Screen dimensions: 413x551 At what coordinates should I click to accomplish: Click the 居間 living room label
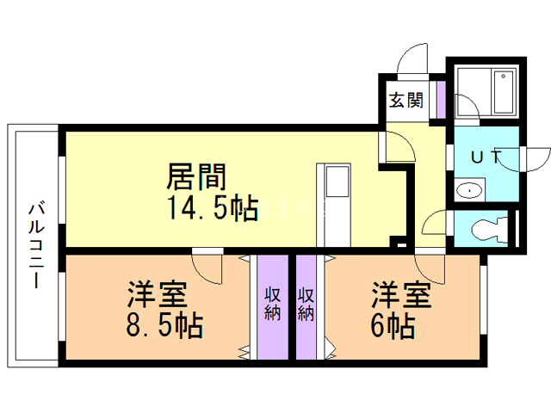195,178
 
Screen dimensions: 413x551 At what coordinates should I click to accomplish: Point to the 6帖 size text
394,325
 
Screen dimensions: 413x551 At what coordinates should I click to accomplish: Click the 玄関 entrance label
406,100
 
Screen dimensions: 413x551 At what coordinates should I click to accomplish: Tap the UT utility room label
485,157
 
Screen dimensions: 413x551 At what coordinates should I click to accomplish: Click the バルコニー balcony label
37,245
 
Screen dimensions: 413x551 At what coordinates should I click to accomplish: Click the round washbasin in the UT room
469,191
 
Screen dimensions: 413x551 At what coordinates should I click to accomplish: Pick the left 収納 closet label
271,303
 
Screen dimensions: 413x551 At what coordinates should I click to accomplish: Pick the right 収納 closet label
306,303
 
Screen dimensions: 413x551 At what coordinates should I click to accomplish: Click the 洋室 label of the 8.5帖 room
157,295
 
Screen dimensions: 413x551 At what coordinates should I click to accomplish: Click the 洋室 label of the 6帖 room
401,295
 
